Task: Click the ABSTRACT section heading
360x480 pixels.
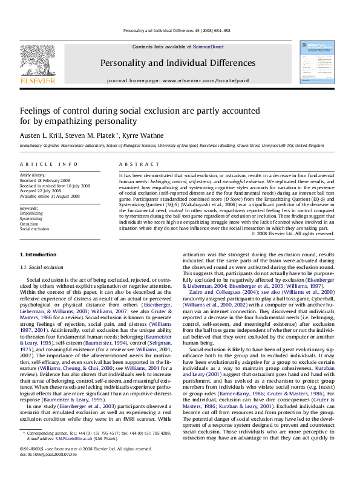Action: point(134,164)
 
